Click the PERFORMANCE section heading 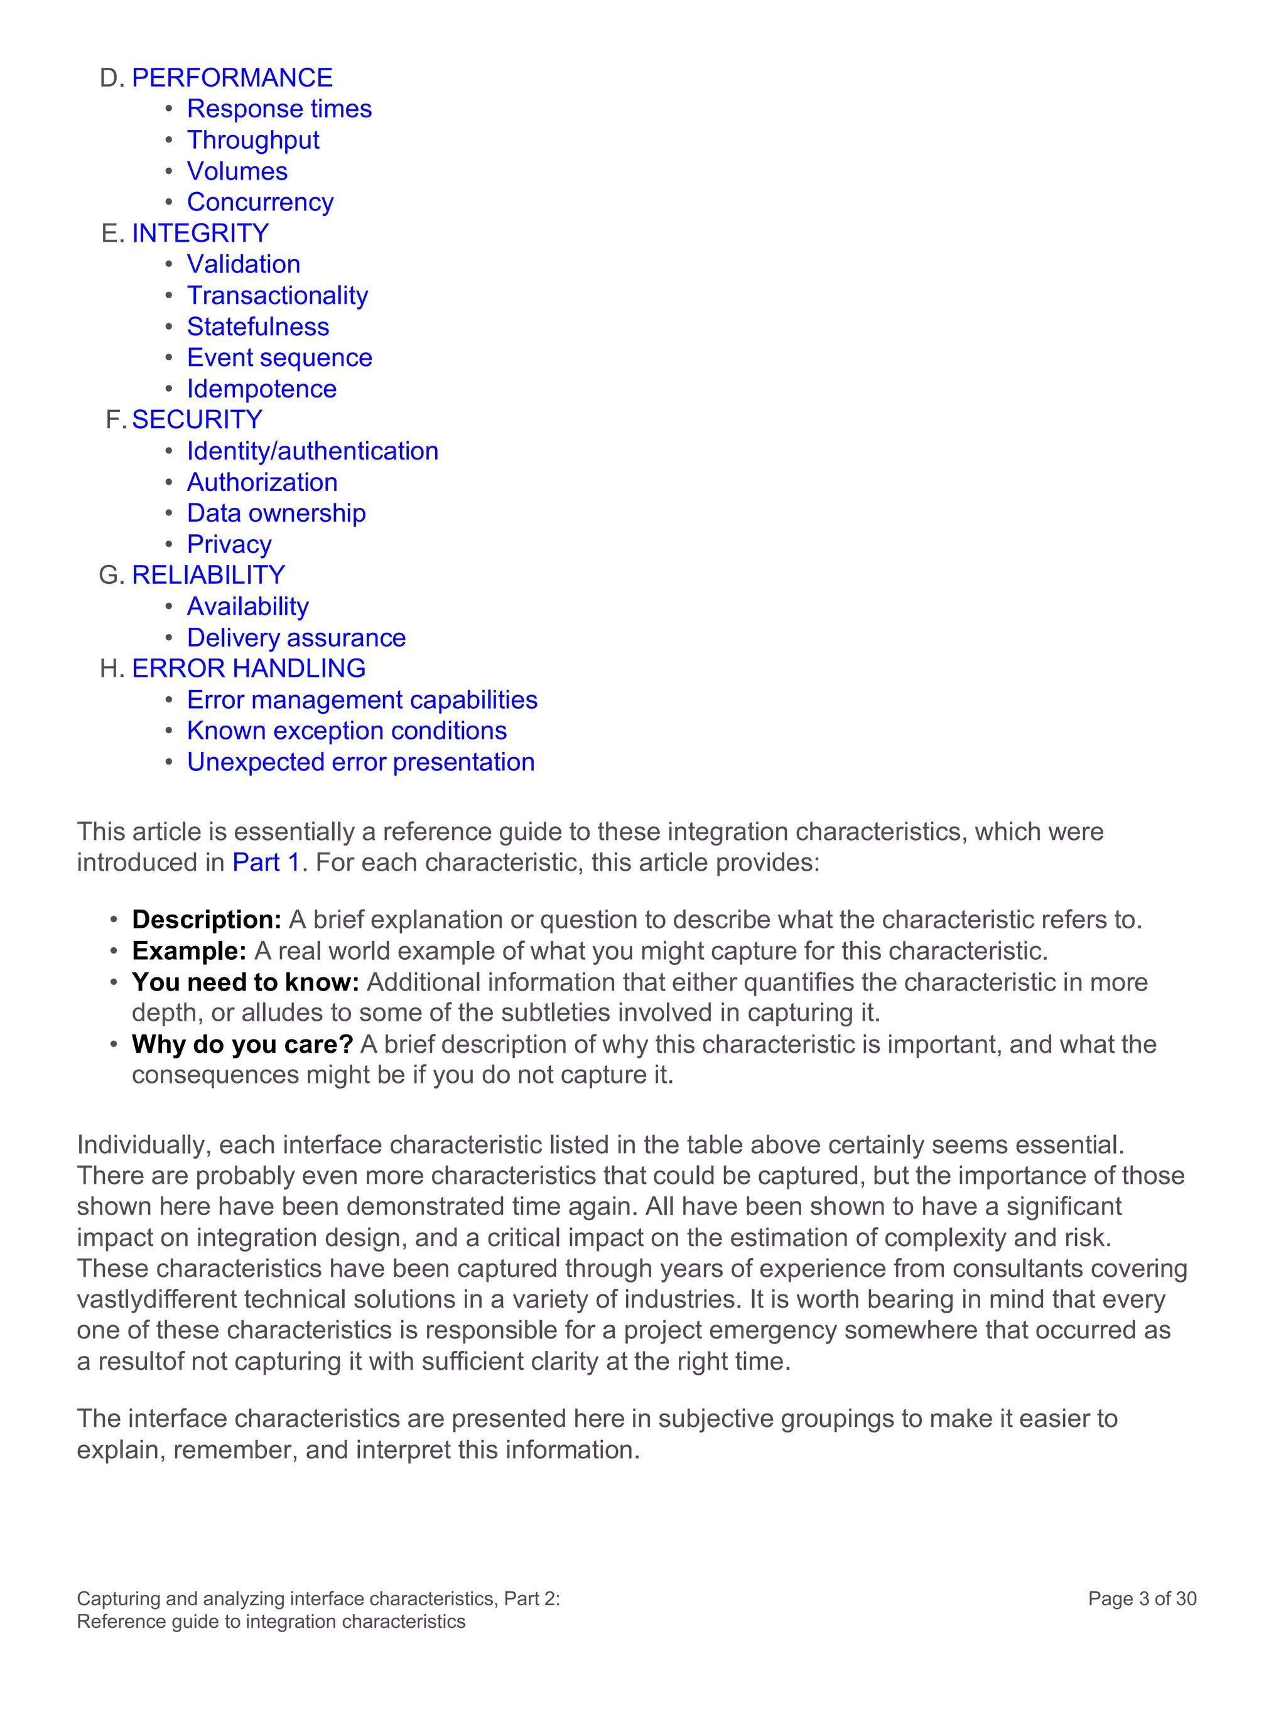(232, 77)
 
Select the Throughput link (253, 140)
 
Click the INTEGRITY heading (200, 233)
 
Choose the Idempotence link (261, 389)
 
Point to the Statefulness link (257, 326)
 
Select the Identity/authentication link (313, 451)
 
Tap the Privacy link (229, 544)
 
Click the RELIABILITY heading (208, 574)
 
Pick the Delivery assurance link (296, 638)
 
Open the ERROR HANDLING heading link (248, 668)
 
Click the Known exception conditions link (347, 731)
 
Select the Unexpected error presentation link (360, 762)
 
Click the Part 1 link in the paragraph (265, 862)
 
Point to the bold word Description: (207, 919)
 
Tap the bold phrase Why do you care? (242, 1043)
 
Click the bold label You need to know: (245, 982)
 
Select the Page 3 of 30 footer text (1142, 1599)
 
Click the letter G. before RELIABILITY (111, 575)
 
